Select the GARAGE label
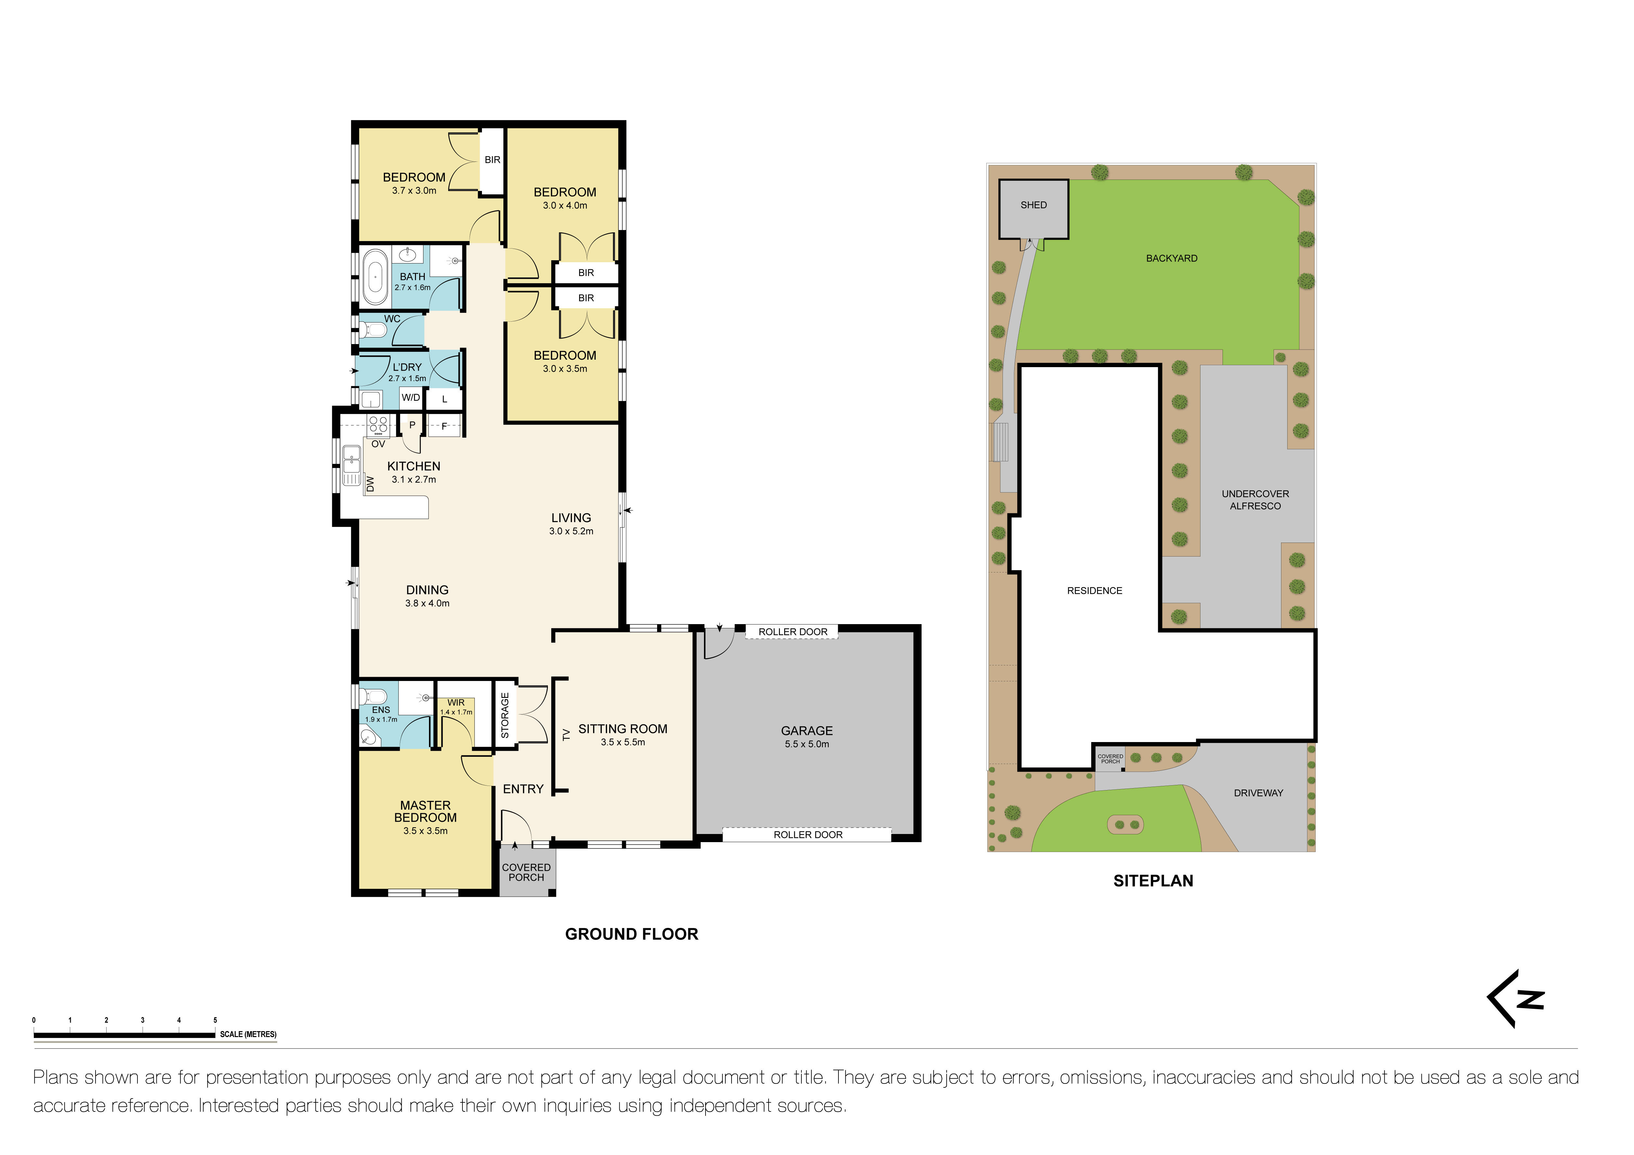(806, 731)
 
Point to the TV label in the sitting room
(566, 734)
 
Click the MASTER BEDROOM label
(425, 811)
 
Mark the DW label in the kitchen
(370, 484)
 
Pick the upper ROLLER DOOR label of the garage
(793, 632)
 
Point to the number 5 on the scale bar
(215, 1020)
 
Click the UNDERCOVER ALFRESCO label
(1255, 500)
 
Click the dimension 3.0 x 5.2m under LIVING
(571, 531)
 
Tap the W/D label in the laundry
(411, 398)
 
